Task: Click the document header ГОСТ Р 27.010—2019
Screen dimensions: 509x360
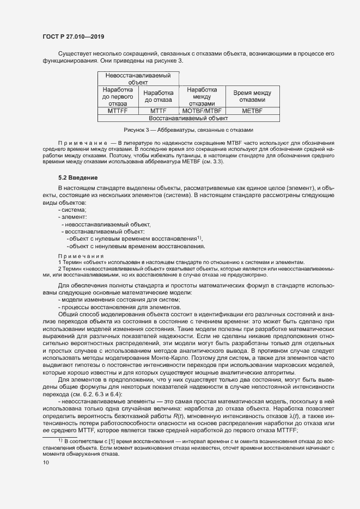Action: [73, 36]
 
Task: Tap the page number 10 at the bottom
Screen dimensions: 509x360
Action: [46, 463]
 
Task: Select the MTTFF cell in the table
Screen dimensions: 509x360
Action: [118, 111]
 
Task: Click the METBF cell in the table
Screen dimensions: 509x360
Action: [252, 111]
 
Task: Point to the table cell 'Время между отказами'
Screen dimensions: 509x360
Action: [252, 96]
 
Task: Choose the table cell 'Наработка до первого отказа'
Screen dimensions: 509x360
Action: [118, 96]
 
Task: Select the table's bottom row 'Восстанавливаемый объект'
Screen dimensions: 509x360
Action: [188, 118]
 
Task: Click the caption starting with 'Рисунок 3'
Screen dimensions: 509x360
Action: [187, 130]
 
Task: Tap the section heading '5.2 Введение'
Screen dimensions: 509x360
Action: [78, 178]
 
